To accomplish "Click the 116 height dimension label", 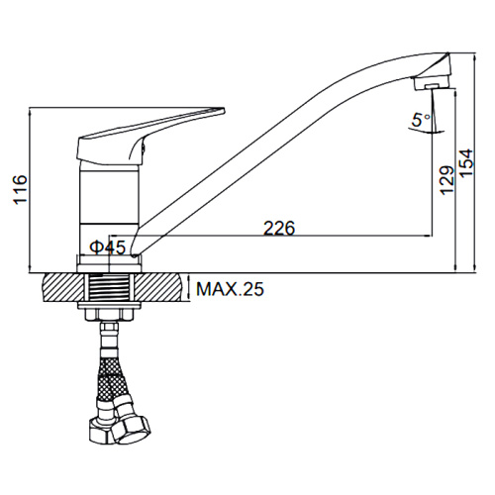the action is pos(20,190).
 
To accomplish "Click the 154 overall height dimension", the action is pos(466,164).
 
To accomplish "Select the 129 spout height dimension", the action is pos(447,180).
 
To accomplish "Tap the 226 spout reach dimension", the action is pos(279,228).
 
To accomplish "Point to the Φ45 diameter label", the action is pos(108,247).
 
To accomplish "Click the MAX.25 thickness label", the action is pos(230,289).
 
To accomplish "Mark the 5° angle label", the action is pos(421,120).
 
